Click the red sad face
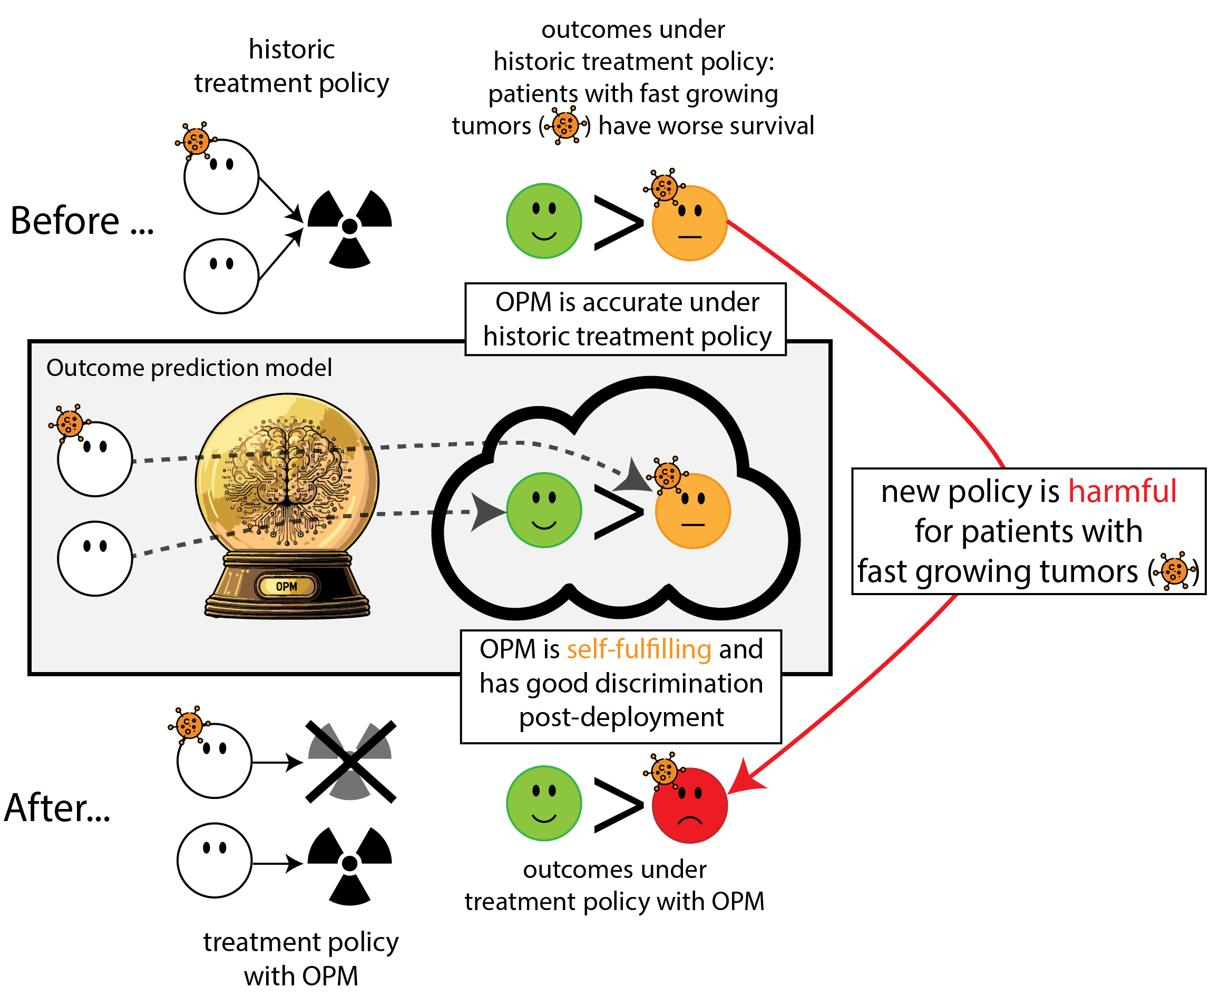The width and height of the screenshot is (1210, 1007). (690, 805)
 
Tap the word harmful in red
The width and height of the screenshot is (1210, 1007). (1122, 491)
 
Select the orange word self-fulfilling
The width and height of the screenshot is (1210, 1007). (639, 649)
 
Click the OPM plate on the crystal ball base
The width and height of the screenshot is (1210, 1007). (286, 587)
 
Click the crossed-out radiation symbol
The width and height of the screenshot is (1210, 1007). (350, 761)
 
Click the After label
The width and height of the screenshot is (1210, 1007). (57, 808)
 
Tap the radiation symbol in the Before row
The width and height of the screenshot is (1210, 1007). (350, 228)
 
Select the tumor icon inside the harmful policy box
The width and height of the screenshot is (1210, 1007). (1174, 571)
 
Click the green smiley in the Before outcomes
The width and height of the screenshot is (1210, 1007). (544, 221)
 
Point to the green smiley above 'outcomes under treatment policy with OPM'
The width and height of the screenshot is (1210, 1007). (544, 803)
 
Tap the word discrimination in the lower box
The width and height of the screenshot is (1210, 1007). (679, 684)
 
